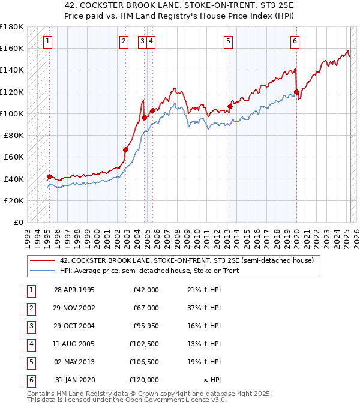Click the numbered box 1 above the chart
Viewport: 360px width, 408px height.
[47, 41]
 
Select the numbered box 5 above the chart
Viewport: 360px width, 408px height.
[229, 41]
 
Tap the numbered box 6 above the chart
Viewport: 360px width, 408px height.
[295, 41]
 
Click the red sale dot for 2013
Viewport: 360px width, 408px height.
[229, 107]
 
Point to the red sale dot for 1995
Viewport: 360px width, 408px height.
[49, 176]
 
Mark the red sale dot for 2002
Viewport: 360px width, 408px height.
[125, 149]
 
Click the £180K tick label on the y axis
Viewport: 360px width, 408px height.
[12, 27]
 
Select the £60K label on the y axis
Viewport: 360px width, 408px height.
[14, 157]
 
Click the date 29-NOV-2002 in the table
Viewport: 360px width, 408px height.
[74, 308]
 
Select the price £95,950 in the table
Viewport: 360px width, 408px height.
[145, 326]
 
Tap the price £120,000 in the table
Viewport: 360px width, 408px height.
[145, 380]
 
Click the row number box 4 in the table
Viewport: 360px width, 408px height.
[30, 344]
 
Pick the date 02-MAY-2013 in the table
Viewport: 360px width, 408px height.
[74, 362]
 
